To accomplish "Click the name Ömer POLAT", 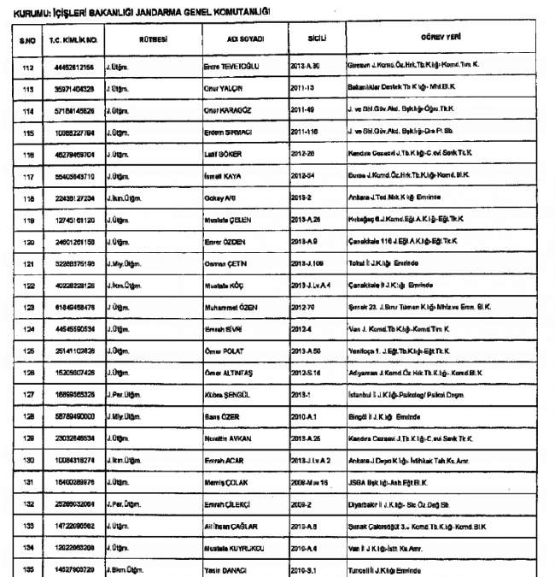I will click(x=226, y=350).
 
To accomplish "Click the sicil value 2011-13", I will click(x=308, y=89).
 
